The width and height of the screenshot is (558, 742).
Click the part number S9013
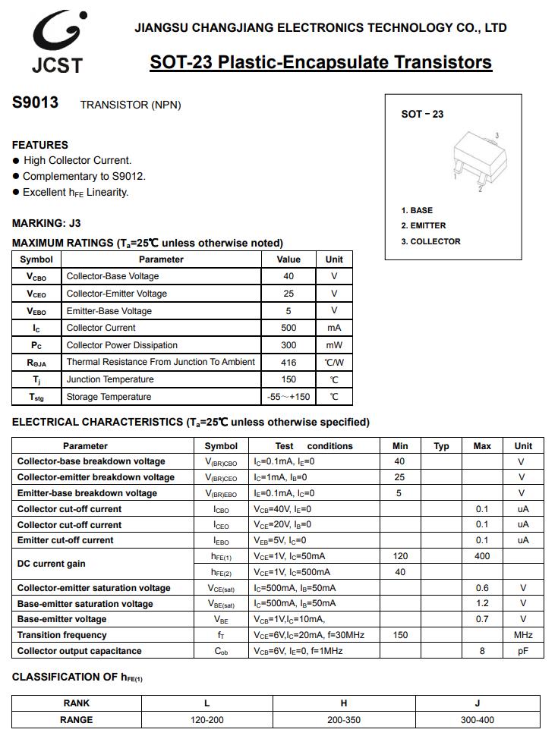coord(35,103)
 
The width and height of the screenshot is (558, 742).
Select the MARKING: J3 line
coord(46,223)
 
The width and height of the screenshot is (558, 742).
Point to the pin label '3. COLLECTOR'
coord(430,241)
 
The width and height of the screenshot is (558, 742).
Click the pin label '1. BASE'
coord(417,210)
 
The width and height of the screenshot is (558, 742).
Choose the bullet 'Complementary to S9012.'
coord(84,176)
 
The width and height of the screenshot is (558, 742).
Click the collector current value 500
coord(288,328)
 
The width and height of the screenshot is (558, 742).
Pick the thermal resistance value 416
coord(288,363)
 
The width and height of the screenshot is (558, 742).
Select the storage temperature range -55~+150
coord(288,397)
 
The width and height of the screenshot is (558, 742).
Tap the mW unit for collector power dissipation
coord(334,345)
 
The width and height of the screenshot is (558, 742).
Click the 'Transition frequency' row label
coord(61,635)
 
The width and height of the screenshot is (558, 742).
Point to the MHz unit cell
coord(523,635)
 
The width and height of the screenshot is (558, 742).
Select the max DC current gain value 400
coord(482,556)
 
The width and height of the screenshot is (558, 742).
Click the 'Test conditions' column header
coord(314,446)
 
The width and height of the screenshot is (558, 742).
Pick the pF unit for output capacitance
coord(523,651)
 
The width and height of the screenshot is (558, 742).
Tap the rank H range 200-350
coord(344,719)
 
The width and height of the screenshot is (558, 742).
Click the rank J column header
coord(477,703)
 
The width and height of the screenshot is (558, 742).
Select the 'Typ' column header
coord(441,446)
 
